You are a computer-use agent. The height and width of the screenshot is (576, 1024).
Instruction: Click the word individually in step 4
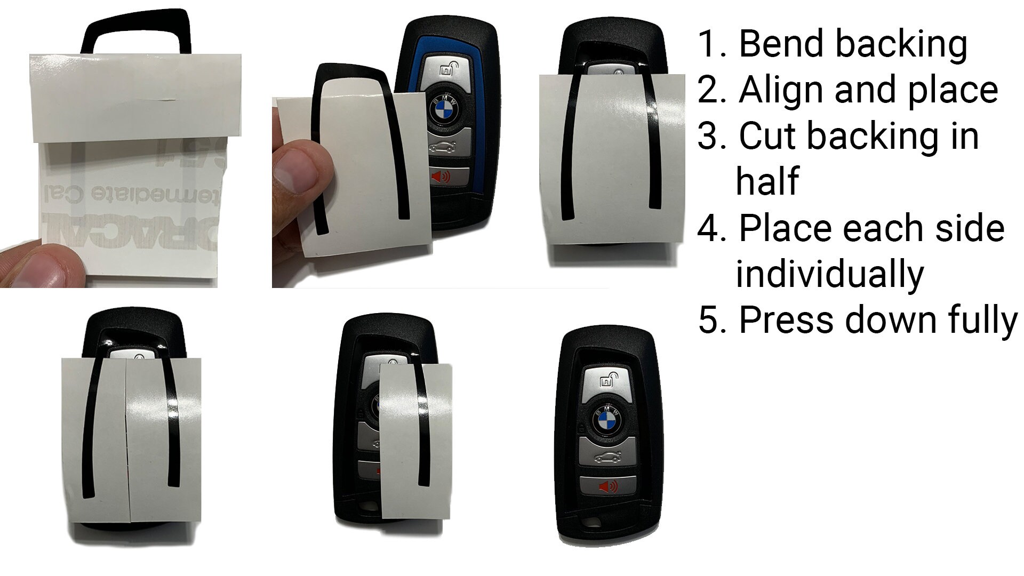point(829,274)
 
